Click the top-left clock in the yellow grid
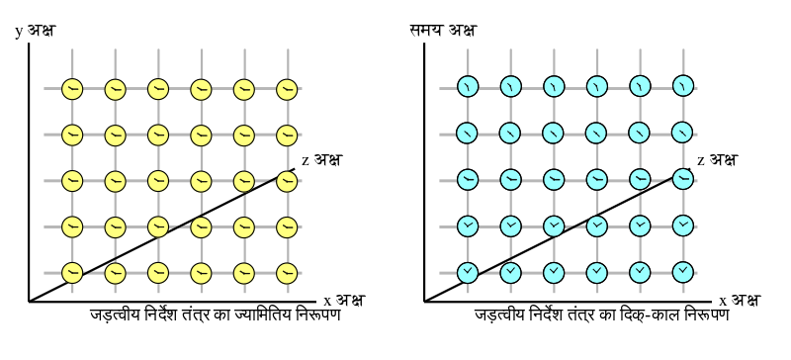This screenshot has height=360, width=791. point(72,90)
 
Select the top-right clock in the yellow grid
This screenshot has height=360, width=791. point(287,90)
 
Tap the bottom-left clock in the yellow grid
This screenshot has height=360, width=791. point(72,273)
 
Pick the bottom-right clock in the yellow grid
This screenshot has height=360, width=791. point(287,273)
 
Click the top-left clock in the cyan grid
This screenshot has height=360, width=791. point(468,86)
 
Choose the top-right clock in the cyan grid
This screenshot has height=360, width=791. point(683,86)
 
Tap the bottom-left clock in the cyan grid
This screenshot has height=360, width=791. point(468,272)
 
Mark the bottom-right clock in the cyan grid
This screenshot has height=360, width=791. point(683,272)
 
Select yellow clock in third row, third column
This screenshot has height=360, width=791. point(158,181)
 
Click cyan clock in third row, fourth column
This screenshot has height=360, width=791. point(597,179)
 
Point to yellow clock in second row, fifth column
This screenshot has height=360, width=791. point(244,135)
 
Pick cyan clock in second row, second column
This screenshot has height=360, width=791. point(510,133)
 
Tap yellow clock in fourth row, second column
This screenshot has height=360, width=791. point(116,227)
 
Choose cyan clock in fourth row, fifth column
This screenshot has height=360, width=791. point(640,225)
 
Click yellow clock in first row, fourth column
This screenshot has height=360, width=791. point(201,90)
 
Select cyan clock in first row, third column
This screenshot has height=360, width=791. point(554,86)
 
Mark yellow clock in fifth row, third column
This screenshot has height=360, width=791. point(158,273)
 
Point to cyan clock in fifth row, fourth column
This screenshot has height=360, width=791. point(597,272)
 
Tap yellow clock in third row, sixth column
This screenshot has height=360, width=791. point(287,181)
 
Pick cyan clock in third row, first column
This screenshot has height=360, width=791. point(468,179)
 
